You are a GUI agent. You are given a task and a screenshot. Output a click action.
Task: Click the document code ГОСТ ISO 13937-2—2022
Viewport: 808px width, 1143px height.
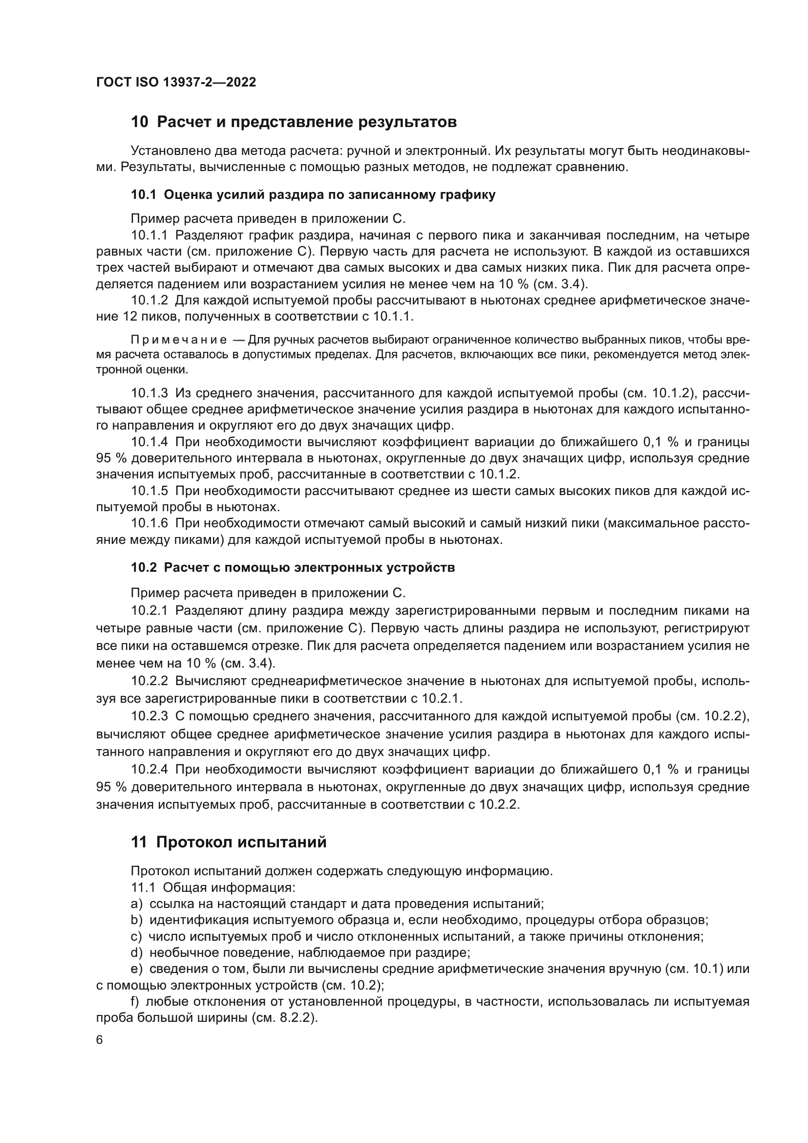click(x=176, y=82)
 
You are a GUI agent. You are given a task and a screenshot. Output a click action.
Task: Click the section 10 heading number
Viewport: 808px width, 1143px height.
click(x=139, y=122)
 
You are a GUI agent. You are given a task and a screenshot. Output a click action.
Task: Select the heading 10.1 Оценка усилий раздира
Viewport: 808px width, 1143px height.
click(x=313, y=194)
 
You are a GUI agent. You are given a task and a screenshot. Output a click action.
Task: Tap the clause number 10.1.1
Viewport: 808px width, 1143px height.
click(x=149, y=235)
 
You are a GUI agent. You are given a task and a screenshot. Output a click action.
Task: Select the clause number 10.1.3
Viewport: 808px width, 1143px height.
click(x=149, y=393)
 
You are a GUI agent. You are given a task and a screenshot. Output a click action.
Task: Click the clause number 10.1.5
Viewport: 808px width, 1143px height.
click(x=149, y=491)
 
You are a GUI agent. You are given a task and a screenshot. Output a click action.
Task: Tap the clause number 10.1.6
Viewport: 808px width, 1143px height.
click(x=149, y=523)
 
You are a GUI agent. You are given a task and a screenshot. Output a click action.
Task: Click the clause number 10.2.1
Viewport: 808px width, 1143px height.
click(x=149, y=610)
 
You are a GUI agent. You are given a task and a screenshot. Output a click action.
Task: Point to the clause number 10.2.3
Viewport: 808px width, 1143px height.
click(x=149, y=716)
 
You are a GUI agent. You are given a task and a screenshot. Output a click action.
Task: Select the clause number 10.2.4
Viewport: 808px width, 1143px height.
click(x=149, y=770)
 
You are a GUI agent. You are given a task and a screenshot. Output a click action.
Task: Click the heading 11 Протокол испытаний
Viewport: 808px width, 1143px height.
click(x=229, y=842)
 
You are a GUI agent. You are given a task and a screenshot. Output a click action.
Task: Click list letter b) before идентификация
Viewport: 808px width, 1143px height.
click(x=136, y=920)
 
